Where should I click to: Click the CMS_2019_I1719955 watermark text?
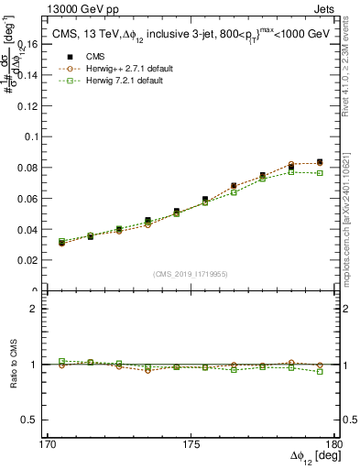[191, 273]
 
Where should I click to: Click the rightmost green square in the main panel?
[320, 172]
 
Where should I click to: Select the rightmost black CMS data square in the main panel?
[320, 162]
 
